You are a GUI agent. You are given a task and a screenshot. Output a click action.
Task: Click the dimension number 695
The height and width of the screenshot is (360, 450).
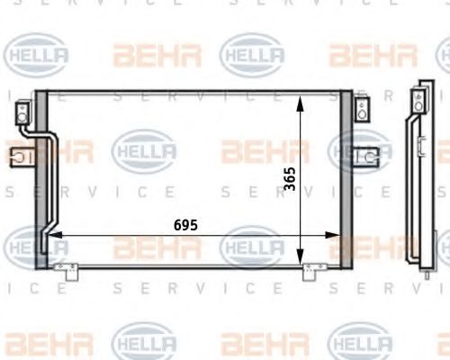pyautogui.click(x=185, y=225)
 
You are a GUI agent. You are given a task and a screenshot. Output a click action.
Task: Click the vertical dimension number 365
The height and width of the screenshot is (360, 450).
pyautogui.click(x=290, y=179)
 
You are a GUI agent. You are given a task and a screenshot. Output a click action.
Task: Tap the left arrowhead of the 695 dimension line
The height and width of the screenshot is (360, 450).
pyautogui.click(x=55, y=235)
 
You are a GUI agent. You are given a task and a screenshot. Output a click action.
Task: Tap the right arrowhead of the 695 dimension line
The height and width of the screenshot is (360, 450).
pyautogui.click(x=333, y=235)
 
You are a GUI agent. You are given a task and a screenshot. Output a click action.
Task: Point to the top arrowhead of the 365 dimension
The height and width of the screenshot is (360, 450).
pyautogui.click(x=300, y=103)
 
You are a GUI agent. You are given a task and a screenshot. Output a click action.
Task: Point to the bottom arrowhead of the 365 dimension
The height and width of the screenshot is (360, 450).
pyautogui.click(x=300, y=257)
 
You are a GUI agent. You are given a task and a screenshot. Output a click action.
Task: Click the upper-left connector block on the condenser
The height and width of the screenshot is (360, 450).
pyautogui.click(x=22, y=112)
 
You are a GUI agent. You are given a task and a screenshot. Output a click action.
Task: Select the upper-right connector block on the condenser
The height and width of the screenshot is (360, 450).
pyautogui.click(x=362, y=110)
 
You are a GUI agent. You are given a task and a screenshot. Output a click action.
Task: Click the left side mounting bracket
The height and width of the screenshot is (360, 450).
pyautogui.click(x=22, y=157)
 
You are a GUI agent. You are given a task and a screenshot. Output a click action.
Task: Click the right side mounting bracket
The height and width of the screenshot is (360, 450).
pyautogui.click(x=366, y=157)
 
